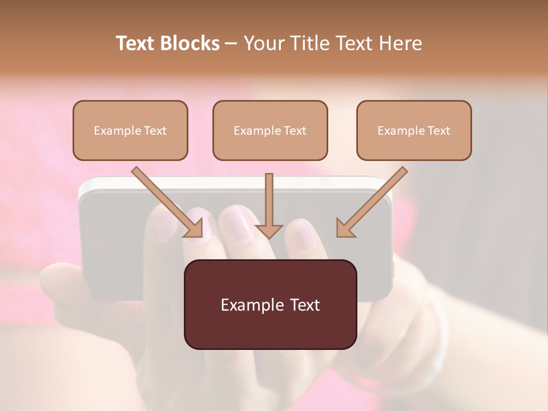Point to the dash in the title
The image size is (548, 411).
[231, 44]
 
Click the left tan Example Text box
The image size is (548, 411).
[130, 130]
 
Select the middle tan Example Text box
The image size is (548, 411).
[270, 130]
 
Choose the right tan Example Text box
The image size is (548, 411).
[414, 130]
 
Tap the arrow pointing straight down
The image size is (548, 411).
[269, 205]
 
